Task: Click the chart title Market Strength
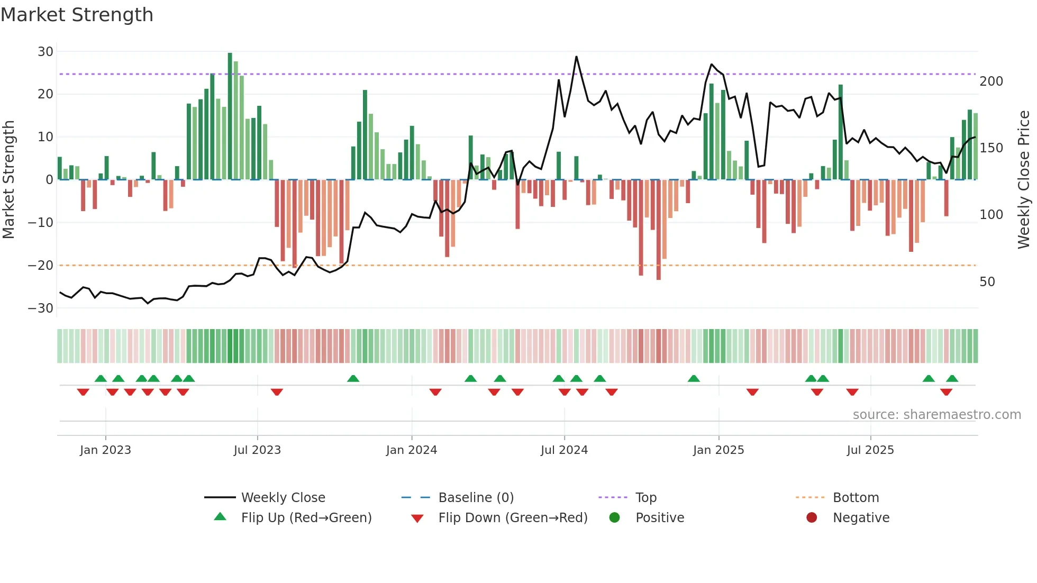(77, 15)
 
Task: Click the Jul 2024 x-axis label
(564, 450)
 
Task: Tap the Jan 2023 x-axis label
(105, 450)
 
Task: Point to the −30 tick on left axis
(41, 308)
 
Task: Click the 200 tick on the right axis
(991, 81)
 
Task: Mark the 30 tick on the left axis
(46, 51)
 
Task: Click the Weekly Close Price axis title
(1024, 179)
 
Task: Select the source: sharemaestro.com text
(936, 414)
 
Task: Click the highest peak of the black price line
(576, 57)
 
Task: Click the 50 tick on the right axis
(987, 281)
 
